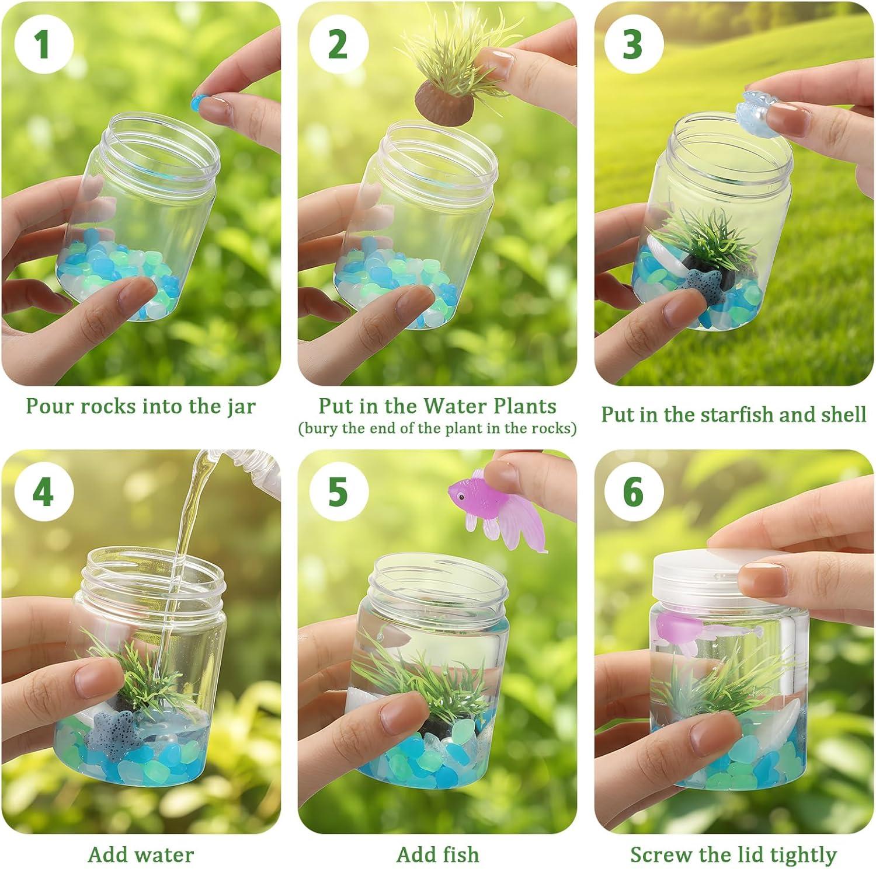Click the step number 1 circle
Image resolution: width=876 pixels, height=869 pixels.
click(43, 45)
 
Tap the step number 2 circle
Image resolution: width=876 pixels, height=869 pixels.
click(339, 45)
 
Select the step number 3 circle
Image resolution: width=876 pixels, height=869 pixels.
click(634, 45)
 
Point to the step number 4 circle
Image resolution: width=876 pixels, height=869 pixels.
click(43, 492)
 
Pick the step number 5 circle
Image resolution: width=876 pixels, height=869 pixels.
click(339, 492)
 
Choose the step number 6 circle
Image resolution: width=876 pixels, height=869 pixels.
click(634, 492)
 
